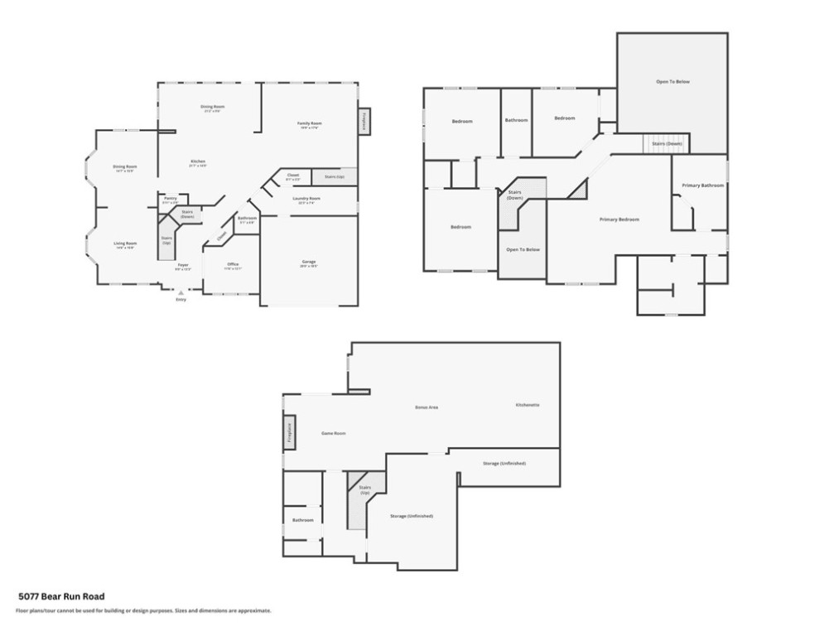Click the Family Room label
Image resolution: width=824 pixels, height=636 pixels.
tap(310, 123)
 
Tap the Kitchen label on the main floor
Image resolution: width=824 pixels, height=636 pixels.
tap(197, 161)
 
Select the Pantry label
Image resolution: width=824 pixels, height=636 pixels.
tap(170, 199)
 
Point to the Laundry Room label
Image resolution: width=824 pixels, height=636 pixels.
tap(306, 199)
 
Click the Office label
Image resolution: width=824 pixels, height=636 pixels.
tap(233, 265)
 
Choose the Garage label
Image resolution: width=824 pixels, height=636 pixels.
tap(308, 263)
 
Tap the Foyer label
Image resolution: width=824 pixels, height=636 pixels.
tap(183, 265)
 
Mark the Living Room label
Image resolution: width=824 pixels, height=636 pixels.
tap(125, 243)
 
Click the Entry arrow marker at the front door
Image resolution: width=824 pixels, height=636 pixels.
tap(181, 291)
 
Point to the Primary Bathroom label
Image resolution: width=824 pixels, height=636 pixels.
tap(702, 185)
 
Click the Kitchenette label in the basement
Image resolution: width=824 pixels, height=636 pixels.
tap(528, 405)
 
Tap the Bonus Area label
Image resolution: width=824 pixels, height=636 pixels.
tap(426, 407)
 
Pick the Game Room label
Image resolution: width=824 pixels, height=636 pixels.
tap(333, 433)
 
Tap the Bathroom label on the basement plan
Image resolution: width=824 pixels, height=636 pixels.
tap(302, 520)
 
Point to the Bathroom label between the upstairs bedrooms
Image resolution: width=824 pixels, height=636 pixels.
tap(516, 121)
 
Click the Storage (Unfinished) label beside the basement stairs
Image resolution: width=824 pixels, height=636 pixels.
tap(412, 516)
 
